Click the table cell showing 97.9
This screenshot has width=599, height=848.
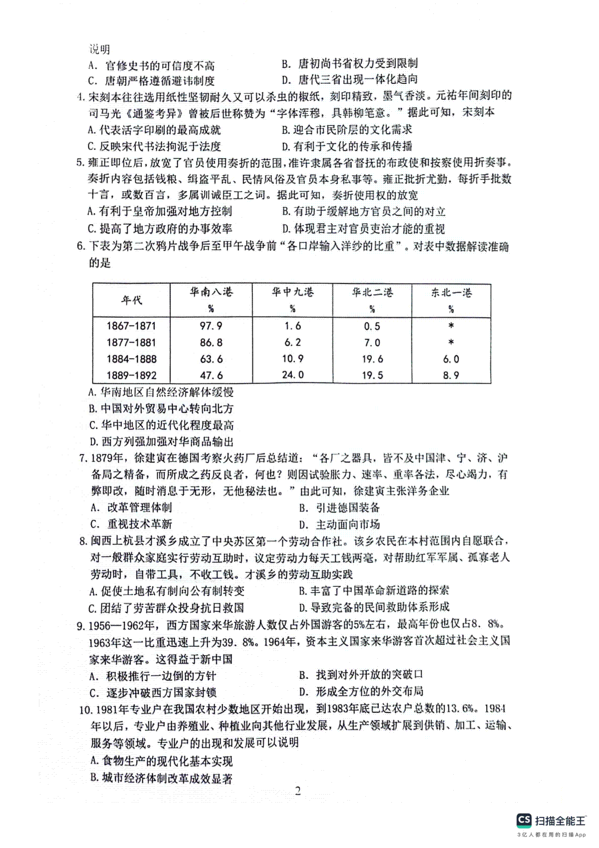[211, 326]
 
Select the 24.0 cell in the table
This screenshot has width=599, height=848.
[293, 374]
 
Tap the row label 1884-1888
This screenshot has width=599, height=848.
[131, 359]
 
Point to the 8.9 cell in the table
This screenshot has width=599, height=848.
[451, 375]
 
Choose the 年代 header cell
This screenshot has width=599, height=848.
[131, 300]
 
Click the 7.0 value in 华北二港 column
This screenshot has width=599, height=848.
[372, 342]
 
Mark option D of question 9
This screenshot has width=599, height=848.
[362, 692]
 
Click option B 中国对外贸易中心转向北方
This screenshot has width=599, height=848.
[161, 409]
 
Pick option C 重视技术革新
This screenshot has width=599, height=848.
[131, 524]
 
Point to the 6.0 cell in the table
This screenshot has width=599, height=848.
[451, 359]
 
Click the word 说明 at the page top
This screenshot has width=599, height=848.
[99, 49]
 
